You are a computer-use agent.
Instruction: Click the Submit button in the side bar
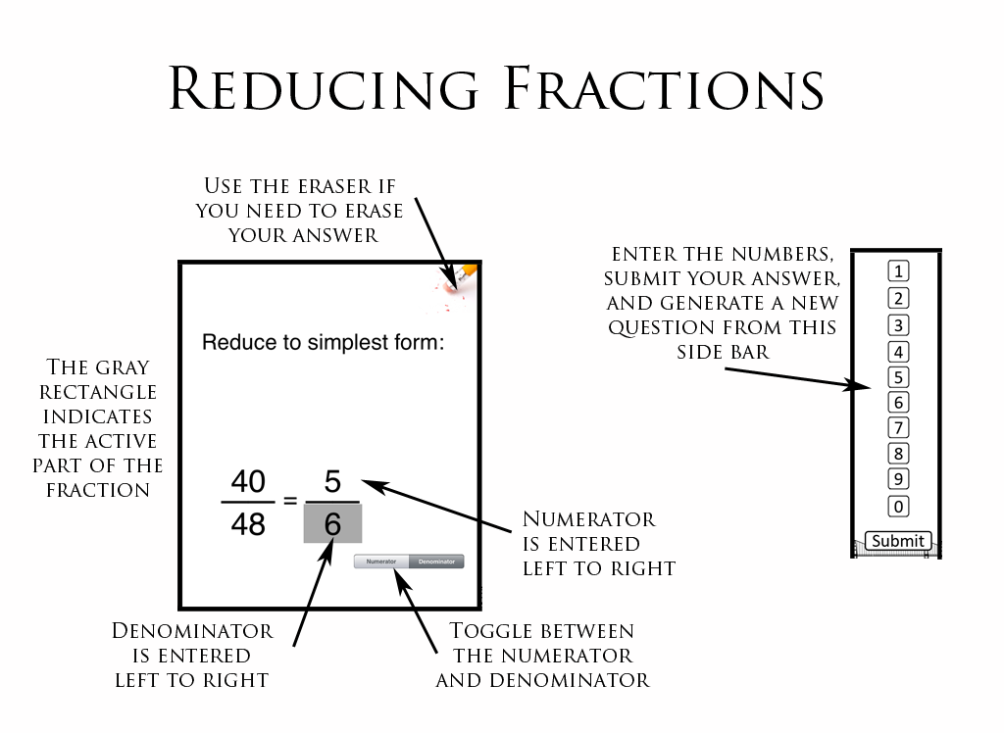point(898,541)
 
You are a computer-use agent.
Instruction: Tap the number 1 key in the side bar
point(898,271)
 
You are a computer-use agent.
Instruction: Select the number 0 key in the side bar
point(898,507)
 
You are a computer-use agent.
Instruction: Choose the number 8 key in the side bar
point(898,454)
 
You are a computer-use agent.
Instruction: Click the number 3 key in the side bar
point(898,325)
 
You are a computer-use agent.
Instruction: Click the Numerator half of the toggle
point(381,562)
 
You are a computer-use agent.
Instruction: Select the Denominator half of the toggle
point(436,562)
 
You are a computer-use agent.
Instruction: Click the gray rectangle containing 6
point(332,525)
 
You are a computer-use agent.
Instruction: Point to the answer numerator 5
point(332,482)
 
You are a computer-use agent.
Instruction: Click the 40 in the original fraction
point(248,482)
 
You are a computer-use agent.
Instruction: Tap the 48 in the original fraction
point(248,525)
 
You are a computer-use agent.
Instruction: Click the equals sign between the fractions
point(290,501)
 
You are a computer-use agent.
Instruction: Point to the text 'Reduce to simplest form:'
point(324,343)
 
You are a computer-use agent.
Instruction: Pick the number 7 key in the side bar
point(898,428)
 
